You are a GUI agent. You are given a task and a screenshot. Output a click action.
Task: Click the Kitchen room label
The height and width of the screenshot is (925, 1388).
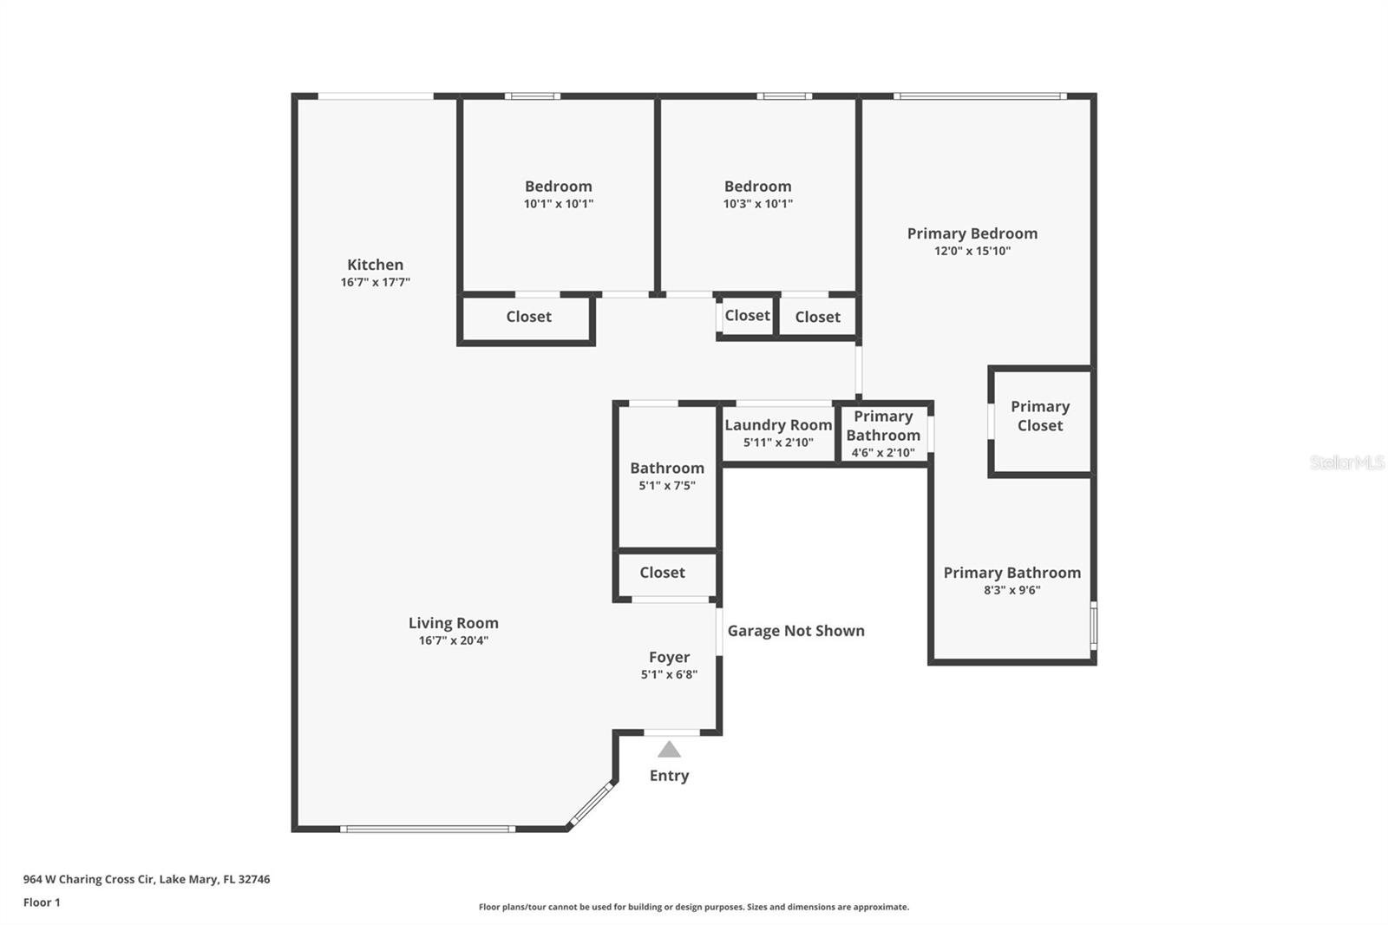(375, 265)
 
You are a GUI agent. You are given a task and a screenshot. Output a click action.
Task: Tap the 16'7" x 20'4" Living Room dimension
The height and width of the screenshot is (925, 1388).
(453, 640)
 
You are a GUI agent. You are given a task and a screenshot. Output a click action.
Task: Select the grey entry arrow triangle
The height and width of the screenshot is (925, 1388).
(669, 750)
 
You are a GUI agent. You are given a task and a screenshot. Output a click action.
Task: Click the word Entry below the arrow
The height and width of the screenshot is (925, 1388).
(669, 776)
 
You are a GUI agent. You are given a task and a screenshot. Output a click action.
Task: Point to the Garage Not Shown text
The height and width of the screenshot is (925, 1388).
(795, 631)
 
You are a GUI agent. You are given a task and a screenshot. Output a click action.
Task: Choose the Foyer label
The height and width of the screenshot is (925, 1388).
(669, 657)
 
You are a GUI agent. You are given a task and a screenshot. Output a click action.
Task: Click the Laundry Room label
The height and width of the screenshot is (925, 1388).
(778, 424)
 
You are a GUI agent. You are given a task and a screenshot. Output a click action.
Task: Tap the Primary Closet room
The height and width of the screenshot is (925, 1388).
(1040, 416)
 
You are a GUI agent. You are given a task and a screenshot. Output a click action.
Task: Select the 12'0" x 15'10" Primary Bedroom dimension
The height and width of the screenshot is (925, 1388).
(972, 251)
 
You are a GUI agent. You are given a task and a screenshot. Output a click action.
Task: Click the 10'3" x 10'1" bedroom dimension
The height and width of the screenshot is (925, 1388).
(757, 204)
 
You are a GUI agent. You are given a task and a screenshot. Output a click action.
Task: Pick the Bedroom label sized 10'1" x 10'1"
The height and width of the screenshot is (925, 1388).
(558, 186)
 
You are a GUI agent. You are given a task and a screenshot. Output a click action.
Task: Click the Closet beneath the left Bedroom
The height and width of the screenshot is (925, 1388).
(528, 317)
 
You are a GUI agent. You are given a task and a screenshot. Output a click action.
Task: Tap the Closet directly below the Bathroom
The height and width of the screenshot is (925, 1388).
(662, 573)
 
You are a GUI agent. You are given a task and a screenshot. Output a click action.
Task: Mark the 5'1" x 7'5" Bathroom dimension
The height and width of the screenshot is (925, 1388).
(666, 486)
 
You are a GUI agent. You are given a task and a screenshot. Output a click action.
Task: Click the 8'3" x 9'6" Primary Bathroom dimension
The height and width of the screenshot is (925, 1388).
(1012, 590)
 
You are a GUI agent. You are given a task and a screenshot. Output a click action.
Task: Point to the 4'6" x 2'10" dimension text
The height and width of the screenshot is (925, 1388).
(882, 452)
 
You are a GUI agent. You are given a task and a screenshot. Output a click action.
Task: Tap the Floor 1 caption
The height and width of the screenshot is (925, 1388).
(42, 902)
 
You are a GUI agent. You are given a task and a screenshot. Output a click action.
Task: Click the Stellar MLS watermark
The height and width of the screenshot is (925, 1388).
(1346, 462)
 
